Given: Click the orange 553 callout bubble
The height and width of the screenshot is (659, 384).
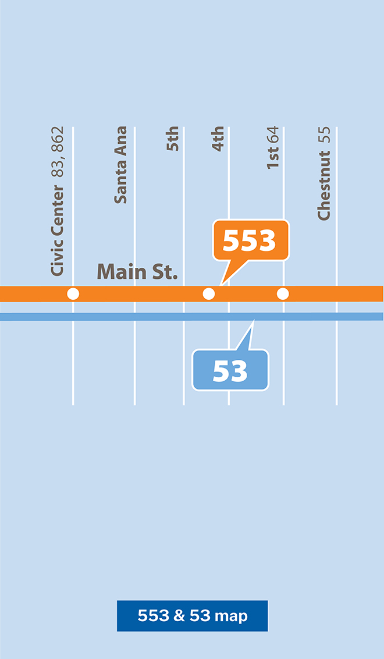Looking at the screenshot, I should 250,240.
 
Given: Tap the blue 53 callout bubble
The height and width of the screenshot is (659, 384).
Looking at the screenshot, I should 230,370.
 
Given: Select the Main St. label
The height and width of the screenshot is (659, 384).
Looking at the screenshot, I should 137,272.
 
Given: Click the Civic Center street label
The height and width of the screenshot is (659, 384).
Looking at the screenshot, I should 57,231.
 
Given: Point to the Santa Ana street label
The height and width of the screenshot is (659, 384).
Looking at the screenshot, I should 120,165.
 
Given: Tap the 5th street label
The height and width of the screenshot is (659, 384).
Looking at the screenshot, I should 172,139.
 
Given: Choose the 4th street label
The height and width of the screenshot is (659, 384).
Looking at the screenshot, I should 218,139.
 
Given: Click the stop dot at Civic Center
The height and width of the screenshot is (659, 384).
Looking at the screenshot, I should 73,293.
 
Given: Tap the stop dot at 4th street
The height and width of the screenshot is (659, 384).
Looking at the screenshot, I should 209,293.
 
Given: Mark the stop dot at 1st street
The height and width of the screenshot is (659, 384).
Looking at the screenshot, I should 283,293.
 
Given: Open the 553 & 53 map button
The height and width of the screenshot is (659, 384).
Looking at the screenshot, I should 192,616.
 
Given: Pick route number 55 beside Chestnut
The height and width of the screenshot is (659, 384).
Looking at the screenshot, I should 324,135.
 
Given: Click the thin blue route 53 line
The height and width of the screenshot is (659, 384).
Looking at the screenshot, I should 116,317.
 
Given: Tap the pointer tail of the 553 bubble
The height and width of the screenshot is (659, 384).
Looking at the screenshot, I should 229,271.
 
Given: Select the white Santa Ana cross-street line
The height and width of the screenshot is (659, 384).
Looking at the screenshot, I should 134,361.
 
